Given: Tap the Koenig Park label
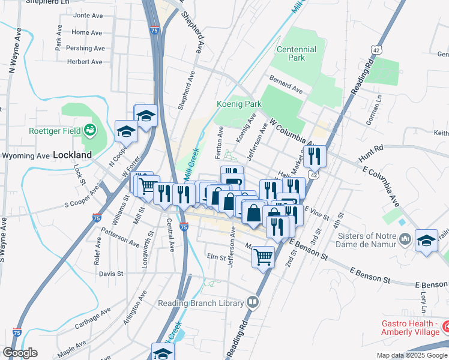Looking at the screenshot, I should pyautogui.click(x=239, y=104).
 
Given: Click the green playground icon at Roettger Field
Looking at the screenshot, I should pyautogui.click(x=90, y=129).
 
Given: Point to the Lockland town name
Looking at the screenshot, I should pyautogui.click(x=72, y=155).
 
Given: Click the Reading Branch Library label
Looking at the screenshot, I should pyautogui.click(x=202, y=302).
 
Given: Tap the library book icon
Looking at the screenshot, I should pyautogui.click(x=253, y=302).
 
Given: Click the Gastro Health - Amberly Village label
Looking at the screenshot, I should pyautogui.click(x=411, y=328).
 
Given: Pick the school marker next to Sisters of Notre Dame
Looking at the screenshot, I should pyautogui.click(x=426, y=242).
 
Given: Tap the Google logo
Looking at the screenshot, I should pyautogui.click(x=21, y=353).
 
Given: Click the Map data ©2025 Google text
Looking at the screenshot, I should pyautogui.click(x=411, y=355).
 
